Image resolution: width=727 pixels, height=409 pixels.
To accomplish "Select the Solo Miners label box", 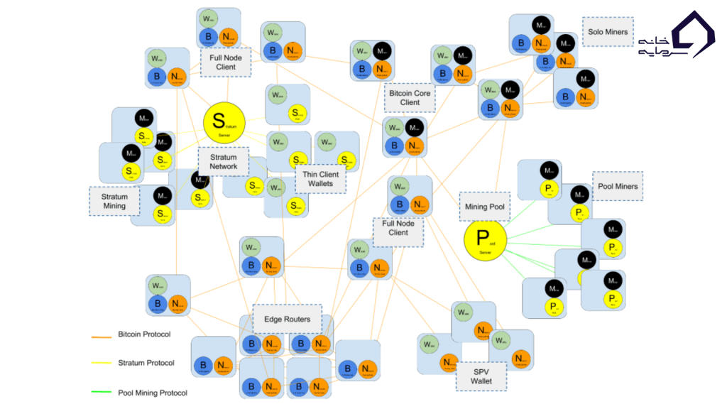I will (608, 32).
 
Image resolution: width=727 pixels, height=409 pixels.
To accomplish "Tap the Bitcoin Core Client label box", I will (410, 97).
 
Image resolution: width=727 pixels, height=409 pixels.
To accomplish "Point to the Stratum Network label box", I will (224, 162).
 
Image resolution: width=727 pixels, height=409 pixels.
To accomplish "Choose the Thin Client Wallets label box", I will (320, 179).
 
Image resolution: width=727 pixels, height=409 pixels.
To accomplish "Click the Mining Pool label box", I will (485, 207).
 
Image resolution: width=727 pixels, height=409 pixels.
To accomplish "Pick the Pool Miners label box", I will (618, 186).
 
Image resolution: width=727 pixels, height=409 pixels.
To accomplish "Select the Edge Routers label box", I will (287, 319).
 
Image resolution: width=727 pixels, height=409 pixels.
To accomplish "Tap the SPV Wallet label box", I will (481, 376).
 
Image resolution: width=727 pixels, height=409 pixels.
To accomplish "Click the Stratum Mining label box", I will (114, 201).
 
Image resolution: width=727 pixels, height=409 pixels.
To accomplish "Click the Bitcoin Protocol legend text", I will (144, 334).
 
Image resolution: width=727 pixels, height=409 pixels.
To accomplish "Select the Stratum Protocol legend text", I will (146, 363).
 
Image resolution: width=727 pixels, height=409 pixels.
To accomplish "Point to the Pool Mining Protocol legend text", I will (153, 392).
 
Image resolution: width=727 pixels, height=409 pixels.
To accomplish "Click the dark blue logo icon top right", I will (693, 33).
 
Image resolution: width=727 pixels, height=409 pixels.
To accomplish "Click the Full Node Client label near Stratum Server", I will (226, 62).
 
